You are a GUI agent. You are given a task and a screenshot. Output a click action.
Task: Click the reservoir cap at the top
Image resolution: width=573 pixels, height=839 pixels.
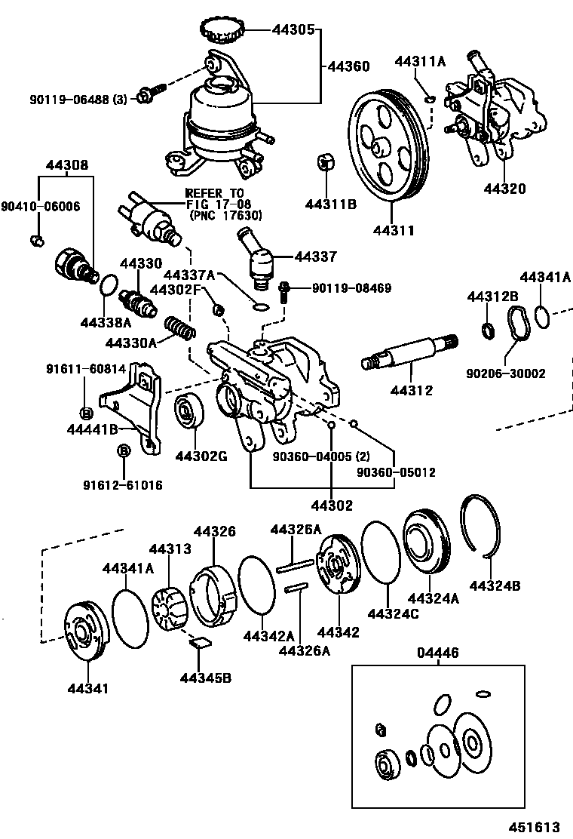point(224,30)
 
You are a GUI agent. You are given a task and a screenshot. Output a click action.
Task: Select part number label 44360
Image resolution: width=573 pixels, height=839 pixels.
point(348,66)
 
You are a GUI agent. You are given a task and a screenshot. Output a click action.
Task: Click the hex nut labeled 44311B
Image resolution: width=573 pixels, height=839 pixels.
point(326,162)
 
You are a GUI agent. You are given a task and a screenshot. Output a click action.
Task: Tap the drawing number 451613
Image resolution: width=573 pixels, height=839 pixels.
point(538,826)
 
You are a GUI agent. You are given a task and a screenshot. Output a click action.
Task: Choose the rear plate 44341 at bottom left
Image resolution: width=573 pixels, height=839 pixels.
point(86,631)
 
